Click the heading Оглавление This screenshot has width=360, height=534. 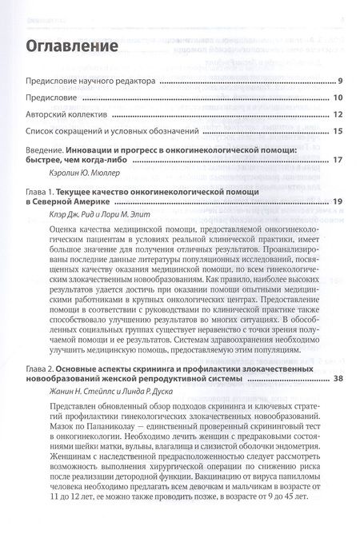74,46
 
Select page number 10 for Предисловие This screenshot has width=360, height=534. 338,98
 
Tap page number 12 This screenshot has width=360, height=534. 338,114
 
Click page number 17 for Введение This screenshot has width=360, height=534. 338,160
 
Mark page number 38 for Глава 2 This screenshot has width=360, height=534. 338,356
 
